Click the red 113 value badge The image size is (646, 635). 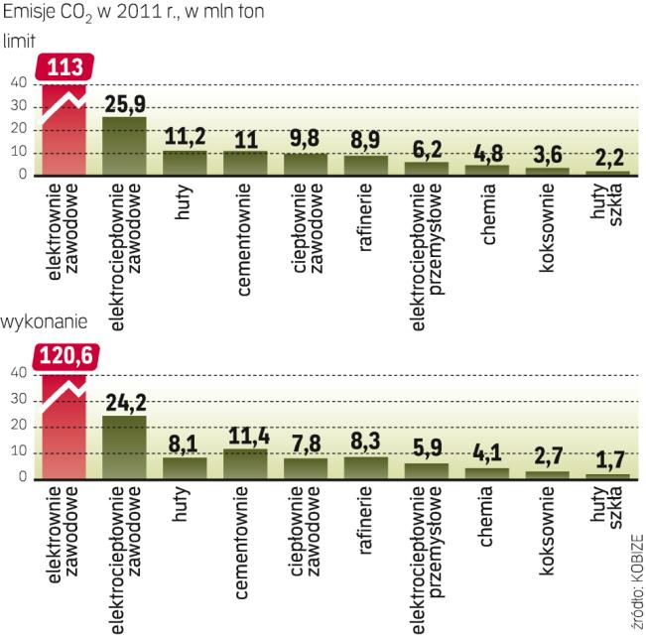66,66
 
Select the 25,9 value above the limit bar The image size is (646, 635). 125,102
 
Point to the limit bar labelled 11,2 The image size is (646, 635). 186,163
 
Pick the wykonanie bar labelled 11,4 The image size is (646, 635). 245,464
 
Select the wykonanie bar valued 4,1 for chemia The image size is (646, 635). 486,473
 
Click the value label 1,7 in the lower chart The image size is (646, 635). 606,460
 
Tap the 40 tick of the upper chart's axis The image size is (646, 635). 18,82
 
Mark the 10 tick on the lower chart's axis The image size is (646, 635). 18,454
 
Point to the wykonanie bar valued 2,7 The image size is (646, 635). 547,475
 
